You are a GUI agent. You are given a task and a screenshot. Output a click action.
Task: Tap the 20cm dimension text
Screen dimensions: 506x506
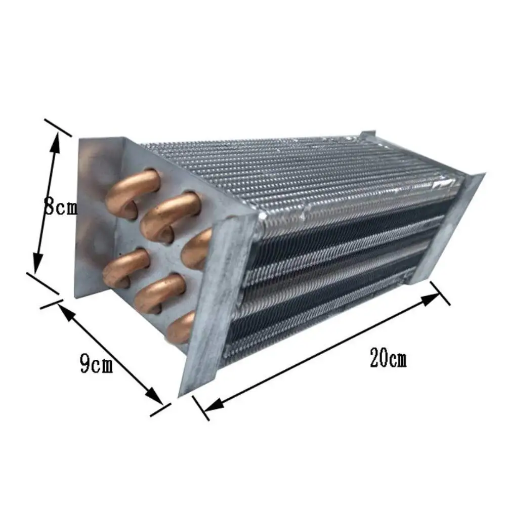[x=388, y=359]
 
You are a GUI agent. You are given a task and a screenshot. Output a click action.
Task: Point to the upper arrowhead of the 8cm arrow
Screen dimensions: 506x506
[x=55, y=143]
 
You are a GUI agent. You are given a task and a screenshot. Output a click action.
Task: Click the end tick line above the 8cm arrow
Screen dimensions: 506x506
[x=58, y=128]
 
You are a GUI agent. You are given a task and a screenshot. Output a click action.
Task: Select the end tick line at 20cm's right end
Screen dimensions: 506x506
[x=441, y=293]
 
